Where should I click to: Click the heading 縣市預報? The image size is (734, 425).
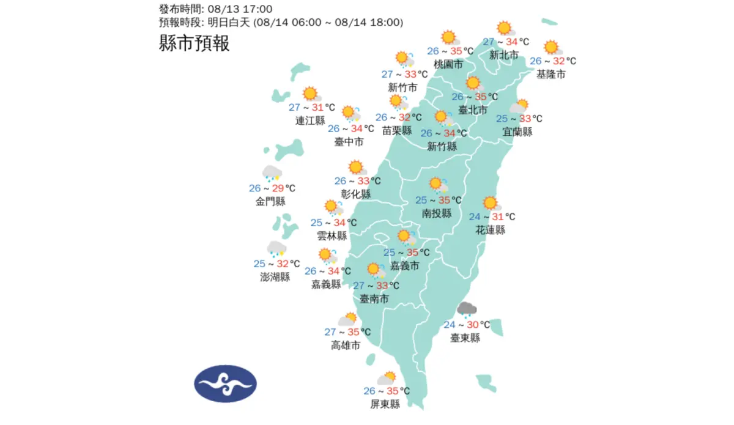(x=194, y=43)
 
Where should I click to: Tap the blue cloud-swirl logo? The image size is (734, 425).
(x=225, y=383)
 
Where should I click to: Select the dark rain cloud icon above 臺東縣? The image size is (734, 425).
(x=467, y=309)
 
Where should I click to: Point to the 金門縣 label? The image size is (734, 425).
(x=270, y=201)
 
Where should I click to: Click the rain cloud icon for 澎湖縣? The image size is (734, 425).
(x=276, y=249)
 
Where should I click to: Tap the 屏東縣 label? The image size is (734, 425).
(x=385, y=404)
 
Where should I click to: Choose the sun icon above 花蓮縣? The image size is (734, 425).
(x=490, y=203)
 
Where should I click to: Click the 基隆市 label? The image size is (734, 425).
(x=550, y=74)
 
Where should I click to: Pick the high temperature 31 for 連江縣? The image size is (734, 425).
(x=317, y=107)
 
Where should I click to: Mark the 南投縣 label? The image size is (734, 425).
(x=437, y=213)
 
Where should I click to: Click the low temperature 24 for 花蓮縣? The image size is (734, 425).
(x=475, y=216)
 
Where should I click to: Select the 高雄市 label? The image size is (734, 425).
(x=346, y=345)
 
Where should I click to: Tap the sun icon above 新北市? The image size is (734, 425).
(x=505, y=28)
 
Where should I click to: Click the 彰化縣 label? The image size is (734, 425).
(x=356, y=194)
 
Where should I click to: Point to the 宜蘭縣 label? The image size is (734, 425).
(x=517, y=131)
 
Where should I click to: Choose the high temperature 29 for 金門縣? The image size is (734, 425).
(x=278, y=188)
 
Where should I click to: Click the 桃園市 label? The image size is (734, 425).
(x=448, y=64)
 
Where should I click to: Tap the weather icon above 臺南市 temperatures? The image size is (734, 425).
(x=374, y=270)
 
